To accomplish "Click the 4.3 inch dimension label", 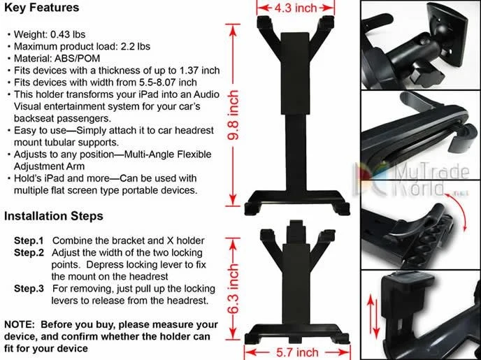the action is point(296,8).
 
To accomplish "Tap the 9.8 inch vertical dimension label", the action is point(234,115).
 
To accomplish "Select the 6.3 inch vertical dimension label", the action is point(234,289).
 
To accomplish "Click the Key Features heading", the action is point(42,8).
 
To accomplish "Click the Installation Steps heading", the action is point(54,216).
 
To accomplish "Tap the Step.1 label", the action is point(29,240).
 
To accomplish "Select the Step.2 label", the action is point(29,252).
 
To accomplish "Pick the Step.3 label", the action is point(29,289).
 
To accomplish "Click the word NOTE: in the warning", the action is point(20,324).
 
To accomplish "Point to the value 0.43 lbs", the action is point(68,34).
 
